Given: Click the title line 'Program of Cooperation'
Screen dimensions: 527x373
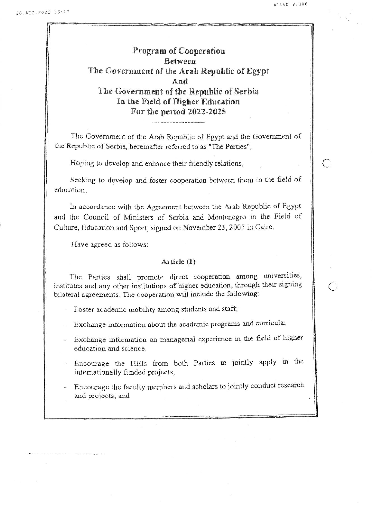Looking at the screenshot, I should (x=179, y=51).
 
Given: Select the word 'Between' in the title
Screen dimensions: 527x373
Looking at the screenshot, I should (x=180, y=61).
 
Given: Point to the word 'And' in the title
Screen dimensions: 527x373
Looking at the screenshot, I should (x=180, y=81).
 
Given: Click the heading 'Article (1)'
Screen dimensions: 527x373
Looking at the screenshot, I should (x=178, y=262).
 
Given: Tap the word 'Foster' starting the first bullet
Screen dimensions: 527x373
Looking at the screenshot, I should (x=84, y=309).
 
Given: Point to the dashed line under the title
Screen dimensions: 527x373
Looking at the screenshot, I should (x=179, y=122).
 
